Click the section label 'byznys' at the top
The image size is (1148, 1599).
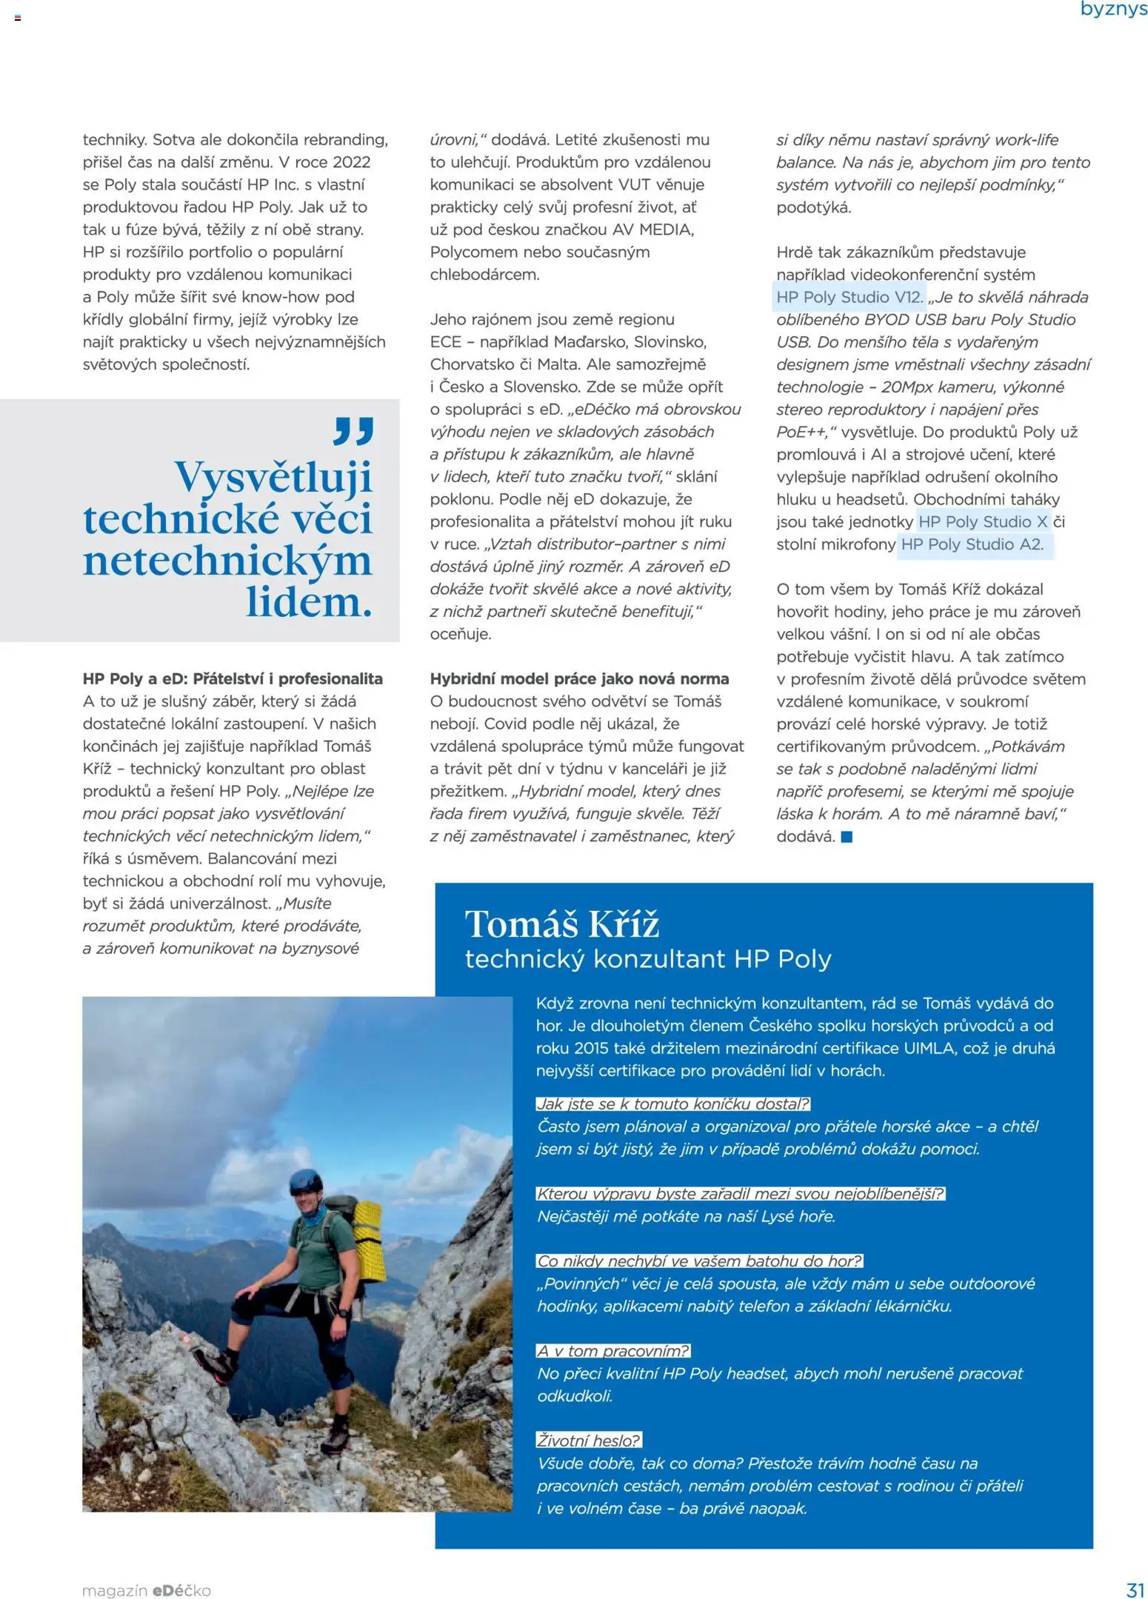pos(1112,10)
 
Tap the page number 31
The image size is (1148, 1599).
pos(1135,1589)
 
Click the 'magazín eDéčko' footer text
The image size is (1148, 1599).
pos(147,1590)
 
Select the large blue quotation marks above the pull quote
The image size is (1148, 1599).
pos(353,431)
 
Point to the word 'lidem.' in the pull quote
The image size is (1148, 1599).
pos(309,602)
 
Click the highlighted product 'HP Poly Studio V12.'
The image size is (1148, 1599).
pos(849,297)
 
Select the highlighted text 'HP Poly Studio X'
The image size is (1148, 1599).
pos(982,521)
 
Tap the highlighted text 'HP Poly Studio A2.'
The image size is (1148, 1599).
pos(972,544)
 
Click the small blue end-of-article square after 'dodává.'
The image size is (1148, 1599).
pos(847,837)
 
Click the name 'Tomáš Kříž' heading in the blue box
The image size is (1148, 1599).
pos(561,924)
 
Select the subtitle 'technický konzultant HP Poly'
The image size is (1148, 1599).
pos(648,959)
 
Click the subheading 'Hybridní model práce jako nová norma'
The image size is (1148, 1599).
pos(579,678)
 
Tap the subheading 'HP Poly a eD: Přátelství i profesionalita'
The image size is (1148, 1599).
pos(233,678)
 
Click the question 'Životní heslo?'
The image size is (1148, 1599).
pos(588,1441)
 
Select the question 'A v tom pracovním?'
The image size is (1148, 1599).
pos(613,1351)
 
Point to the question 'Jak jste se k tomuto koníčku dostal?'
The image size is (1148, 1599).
pos(673,1104)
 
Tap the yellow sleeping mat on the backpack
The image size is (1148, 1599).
pos(368,1232)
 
